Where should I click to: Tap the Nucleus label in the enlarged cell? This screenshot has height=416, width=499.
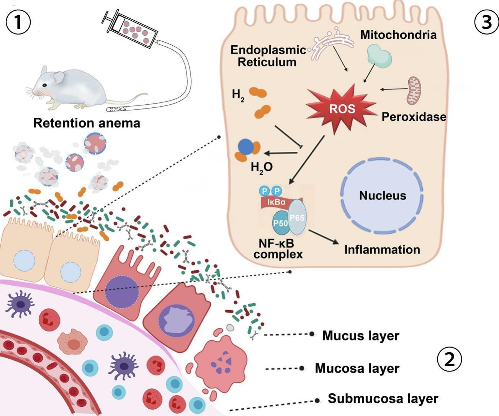tap(382, 196)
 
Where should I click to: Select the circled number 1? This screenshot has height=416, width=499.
tap(18, 22)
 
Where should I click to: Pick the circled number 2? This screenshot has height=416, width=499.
tap(449, 359)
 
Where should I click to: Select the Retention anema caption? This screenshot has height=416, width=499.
tap(87, 123)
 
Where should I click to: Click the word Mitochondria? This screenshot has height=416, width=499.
tap(398, 35)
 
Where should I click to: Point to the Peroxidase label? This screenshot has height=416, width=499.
tap(414, 117)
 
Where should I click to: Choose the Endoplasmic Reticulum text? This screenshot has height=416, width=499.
tap(268, 56)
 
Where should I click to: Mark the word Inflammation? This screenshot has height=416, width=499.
tap(382, 250)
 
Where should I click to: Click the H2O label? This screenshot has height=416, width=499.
tap(262, 167)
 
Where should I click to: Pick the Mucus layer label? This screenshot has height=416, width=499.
tap(360, 335)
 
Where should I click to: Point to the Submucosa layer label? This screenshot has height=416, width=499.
tap(383, 398)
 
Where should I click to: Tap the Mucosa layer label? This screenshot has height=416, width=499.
tap(357, 368)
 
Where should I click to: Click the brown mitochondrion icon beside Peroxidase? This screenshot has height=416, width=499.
tap(414, 90)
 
